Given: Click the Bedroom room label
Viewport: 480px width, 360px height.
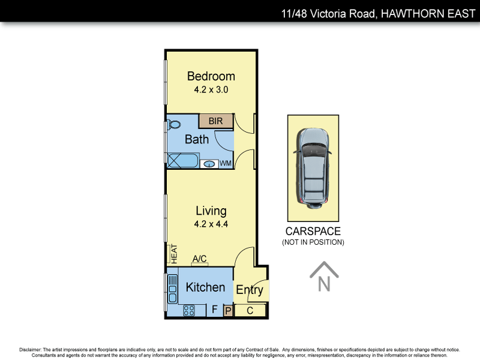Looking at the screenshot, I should point(211,76).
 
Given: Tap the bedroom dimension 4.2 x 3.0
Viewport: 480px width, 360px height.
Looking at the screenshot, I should point(211,89).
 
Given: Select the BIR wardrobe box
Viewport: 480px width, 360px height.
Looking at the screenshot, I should point(215,121).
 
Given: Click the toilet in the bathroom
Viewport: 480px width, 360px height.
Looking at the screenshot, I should point(174,125).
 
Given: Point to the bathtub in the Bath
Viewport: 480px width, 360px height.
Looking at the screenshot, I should point(182,161).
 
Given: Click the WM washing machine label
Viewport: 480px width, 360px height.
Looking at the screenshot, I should point(225,163).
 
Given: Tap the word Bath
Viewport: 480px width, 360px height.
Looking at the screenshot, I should point(197,139).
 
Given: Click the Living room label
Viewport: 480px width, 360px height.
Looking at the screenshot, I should point(211,211).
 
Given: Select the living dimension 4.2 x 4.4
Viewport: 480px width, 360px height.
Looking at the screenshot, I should point(211,224).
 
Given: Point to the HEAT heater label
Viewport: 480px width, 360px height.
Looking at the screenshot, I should point(174,253).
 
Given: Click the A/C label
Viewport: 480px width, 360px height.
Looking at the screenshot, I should point(200,259).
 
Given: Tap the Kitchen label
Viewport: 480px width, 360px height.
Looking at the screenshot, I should point(205,287).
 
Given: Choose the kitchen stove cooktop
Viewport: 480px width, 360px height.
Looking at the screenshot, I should point(188,310).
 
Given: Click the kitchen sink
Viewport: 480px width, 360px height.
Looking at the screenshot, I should point(173,289).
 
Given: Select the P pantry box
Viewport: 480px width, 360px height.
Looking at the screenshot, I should point(227,310).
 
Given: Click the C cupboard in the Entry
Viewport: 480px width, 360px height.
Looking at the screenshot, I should point(250,310).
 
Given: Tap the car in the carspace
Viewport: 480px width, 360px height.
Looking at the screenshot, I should point(313,167).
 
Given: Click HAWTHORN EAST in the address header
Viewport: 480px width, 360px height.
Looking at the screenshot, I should point(425,13).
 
